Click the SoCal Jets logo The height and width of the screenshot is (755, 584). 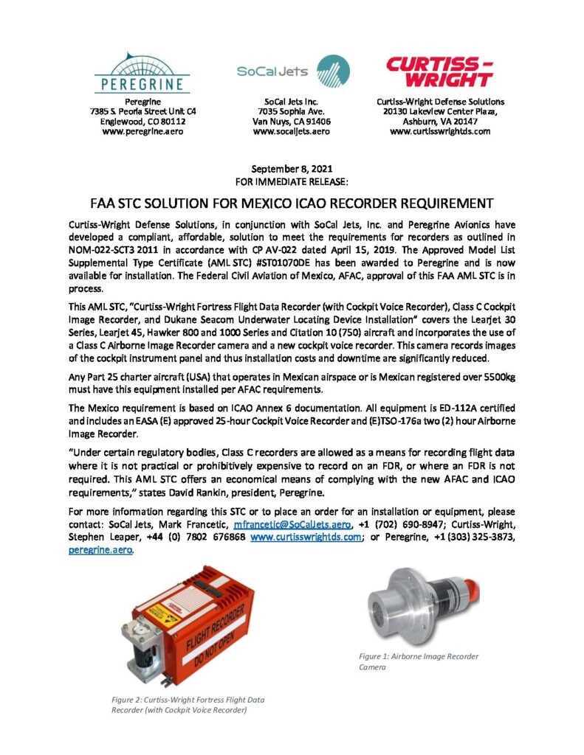292,73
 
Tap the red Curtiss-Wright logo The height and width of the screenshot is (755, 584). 440,72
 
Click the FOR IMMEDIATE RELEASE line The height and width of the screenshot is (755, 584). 292,180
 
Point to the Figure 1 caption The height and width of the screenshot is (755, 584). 418,661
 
